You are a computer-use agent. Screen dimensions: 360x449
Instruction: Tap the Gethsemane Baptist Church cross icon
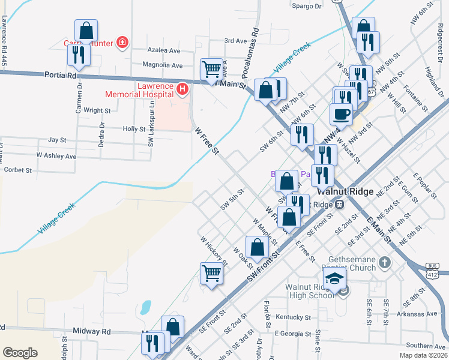tap(384, 263)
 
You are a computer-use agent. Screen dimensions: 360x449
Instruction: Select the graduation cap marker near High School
tap(334, 278)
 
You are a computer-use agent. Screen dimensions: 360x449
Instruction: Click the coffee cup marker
tap(341, 113)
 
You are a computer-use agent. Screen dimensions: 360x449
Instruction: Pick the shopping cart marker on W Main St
tap(211, 69)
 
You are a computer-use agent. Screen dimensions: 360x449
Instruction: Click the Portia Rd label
tap(61, 76)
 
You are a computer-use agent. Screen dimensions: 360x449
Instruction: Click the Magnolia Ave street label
tap(163, 65)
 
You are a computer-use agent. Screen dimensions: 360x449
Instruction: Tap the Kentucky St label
tap(293, 317)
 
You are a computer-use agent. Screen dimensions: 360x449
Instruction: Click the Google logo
tap(20, 353)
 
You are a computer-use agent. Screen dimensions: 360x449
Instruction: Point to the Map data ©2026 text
tap(423, 355)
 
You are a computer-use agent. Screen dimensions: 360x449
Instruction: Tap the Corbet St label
tap(17, 170)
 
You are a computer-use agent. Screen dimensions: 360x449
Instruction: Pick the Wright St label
tap(97, 110)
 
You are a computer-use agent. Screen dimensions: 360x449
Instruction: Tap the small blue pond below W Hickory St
tap(145, 308)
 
